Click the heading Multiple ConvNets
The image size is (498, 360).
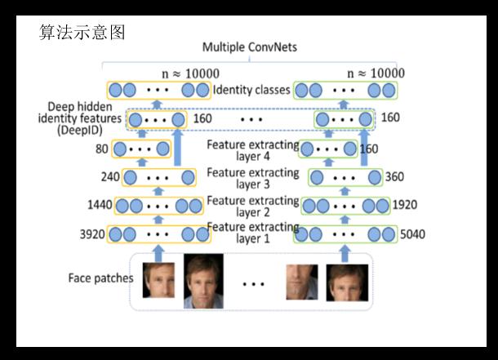[249, 50]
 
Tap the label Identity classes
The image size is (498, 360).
[250, 89]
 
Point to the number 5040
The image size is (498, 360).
[413, 235]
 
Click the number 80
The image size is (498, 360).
[102, 149]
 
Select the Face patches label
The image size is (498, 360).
[100, 278]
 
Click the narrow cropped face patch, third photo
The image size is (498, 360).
[301, 282]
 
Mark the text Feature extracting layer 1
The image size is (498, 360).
[252, 232]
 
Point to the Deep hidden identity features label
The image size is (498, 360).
[79, 118]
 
